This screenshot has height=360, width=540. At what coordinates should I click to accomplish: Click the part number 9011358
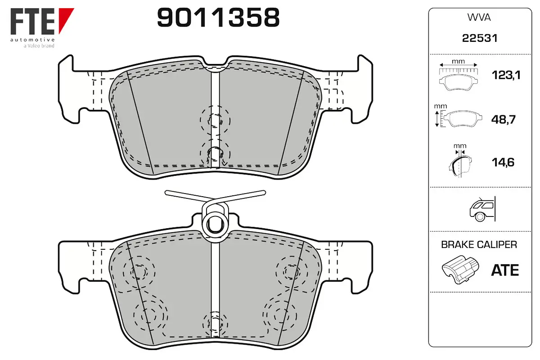click(x=218, y=18)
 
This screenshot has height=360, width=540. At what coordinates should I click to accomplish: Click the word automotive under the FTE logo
click(x=32, y=40)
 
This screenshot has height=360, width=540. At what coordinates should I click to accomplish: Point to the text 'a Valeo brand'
click(x=39, y=45)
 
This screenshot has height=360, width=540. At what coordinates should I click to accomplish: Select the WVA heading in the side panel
click(x=479, y=18)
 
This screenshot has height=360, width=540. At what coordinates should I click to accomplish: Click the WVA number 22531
click(x=480, y=38)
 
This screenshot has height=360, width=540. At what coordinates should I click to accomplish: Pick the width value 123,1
click(x=506, y=75)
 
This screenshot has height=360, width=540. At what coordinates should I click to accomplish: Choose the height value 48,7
click(x=504, y=119)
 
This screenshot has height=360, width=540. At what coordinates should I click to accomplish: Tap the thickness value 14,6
click(x=503, y=162)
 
